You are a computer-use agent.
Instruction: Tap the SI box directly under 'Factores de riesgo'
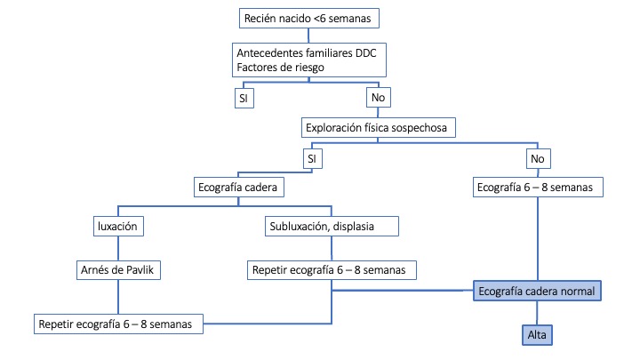tap(244, 97)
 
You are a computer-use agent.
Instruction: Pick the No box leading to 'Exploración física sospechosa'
tap(378, 97)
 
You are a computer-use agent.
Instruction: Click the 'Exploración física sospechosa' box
tap(380, 128)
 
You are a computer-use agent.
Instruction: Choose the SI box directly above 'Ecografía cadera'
tap(311, 158)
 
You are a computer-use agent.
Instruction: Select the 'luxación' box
tap(116, 227)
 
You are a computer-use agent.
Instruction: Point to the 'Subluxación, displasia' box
tap(332, 227)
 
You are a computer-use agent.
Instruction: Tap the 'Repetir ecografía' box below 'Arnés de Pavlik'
tap(119, 323)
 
